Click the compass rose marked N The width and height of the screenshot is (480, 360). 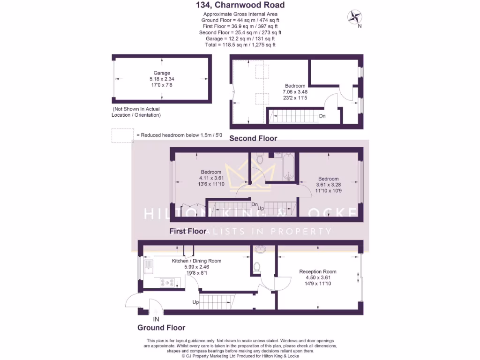354,17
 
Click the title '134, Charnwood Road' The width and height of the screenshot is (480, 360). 240,6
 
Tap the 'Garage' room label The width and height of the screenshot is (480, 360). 162,73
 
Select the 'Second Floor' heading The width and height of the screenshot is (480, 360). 253,138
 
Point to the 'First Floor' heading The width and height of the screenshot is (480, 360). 187,231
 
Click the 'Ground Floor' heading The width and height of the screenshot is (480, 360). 161,328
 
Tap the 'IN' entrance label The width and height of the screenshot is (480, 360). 156,319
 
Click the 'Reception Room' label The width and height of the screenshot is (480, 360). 318,271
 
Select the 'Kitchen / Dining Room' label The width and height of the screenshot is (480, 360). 196,261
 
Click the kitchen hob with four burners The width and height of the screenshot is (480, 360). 167,282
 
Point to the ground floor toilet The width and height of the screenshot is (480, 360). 256,267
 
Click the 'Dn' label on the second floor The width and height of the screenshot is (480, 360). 322,116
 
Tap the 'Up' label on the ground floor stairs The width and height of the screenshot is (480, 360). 195,302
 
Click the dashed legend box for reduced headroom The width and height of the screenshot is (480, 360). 122,135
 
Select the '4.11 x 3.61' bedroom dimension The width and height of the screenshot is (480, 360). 211,178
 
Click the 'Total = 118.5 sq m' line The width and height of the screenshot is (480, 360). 240,45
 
